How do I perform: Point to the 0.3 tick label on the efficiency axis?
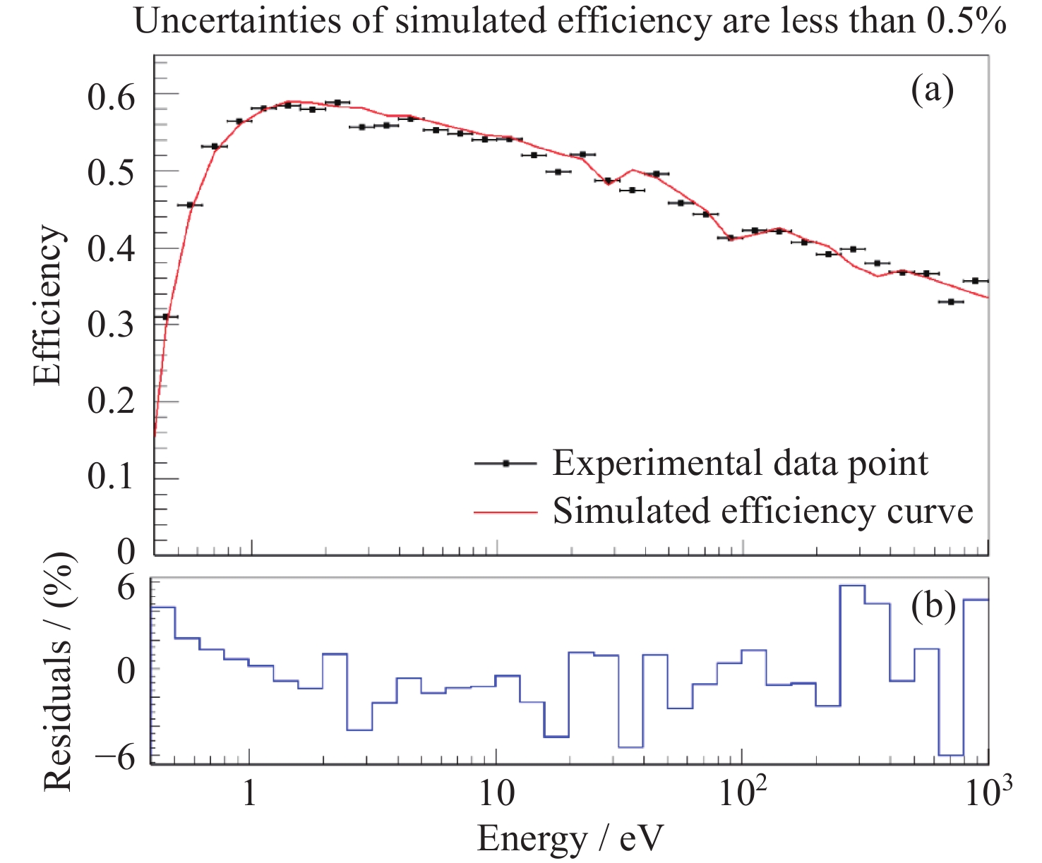pyautogui.click(x=111, y=325)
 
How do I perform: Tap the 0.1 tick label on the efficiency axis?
pyautogui.click(x=111, y=478)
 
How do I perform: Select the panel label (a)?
pyautogui.click(x=932, y=90)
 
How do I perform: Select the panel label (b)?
pyautogui.click(x=933, y=605)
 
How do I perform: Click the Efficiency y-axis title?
pyautogui.click(x=48, y=305)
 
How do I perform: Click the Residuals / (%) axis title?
pyautogui.click(x=59, y=672)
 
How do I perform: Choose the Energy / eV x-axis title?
pyautogui.click(x=570, y=839)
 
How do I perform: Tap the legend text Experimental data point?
pyautogui.click(x=740, y=464)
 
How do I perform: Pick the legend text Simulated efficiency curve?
pyautogui.click(x=762, y=510)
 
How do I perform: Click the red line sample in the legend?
pyautogui.click(x=505, y=512)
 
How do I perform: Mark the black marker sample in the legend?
pyautogui.click(x=505, y=464)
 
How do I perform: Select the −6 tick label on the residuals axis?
pyautogui.click(x=114, y=757)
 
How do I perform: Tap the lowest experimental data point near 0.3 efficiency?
pyautogui.click(x=166, y=317)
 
